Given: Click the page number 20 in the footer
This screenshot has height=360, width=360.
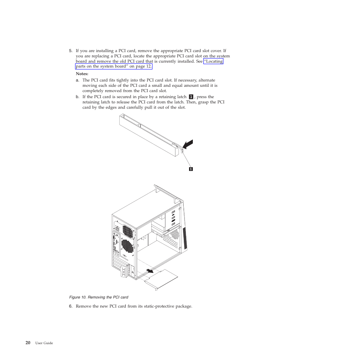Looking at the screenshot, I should pyautogui.click(x=28, y=343).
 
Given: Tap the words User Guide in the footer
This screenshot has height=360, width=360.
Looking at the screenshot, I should pyautogui.click(x=44, y=343).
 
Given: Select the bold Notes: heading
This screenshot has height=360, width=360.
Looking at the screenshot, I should pyautogui.click(x=82, y=74).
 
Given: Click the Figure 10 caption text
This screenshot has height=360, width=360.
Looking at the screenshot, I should pyautogui.click(x=98, y=297).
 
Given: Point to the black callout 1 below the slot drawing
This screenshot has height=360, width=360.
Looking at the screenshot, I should pyautogui.click(x=191, y=169).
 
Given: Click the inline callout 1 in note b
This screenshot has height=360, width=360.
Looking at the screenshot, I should pyautogui.click(x=191, y=97).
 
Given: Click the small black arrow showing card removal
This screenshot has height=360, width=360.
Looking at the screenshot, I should pyautogui.click(x=150, y=271).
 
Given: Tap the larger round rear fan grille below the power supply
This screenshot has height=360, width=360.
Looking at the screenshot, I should pyautogui.click(x=128, y=246).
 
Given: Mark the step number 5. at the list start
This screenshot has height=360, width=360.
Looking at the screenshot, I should pyautogui.click(x=71, y=51).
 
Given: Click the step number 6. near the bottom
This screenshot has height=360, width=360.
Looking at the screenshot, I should pyautogui.click(x=71, y=306).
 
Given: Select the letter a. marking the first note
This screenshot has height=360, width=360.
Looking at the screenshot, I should pyautogui.click(x=77, y=80).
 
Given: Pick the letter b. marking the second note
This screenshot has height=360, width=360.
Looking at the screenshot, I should pyautogui.click(x=77, y=97).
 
